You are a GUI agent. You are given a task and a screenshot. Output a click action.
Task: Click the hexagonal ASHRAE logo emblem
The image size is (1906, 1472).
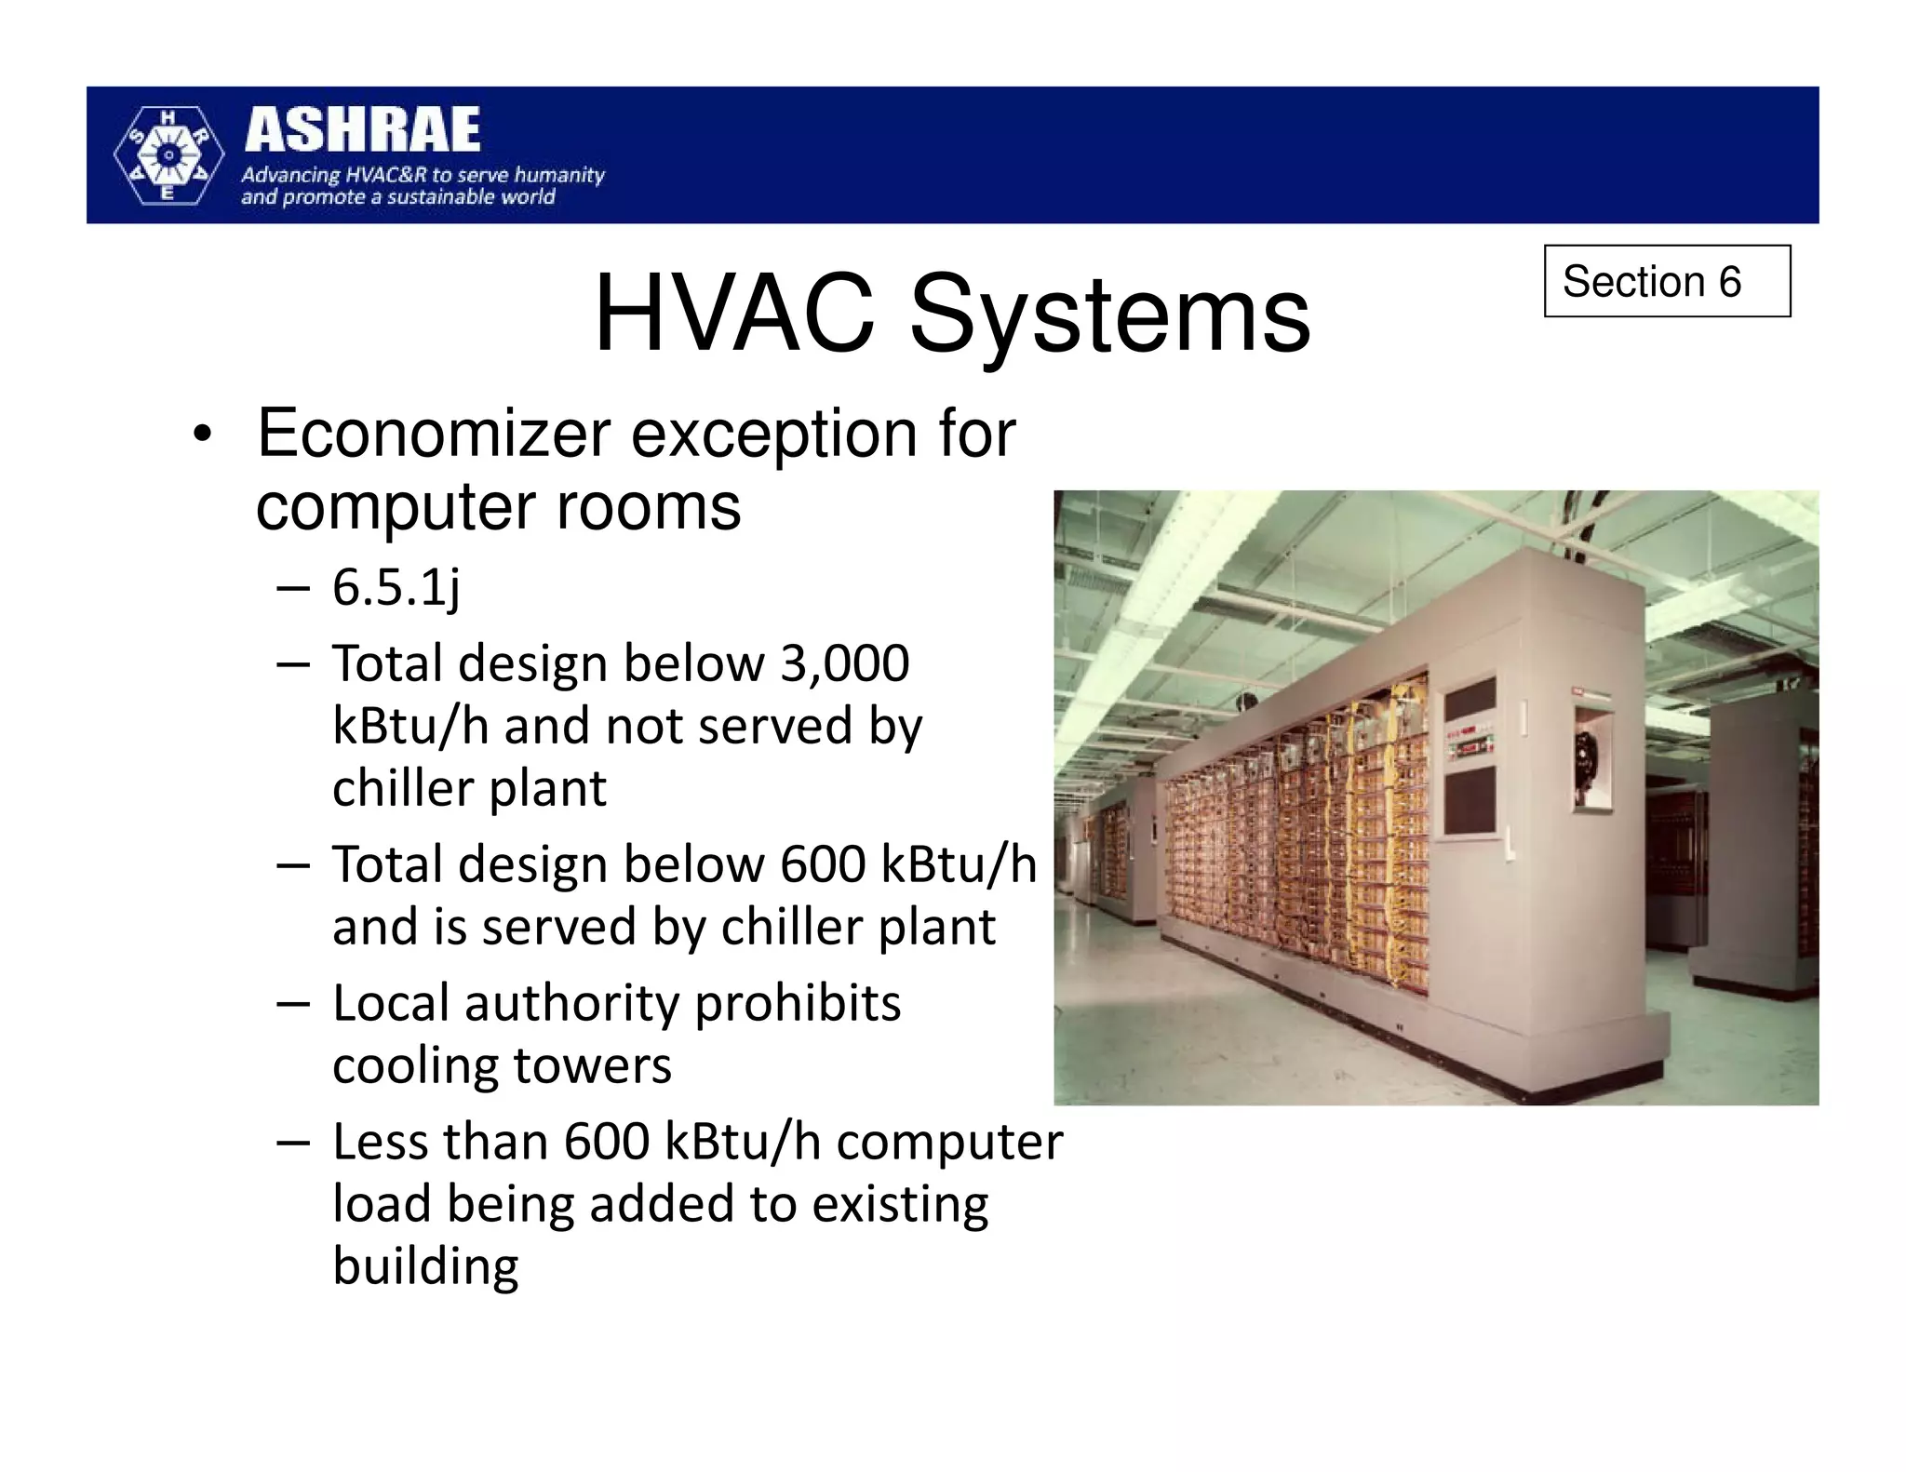pos(168,154)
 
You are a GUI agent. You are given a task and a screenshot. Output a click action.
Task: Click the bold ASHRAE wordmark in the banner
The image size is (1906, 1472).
pos(362,129)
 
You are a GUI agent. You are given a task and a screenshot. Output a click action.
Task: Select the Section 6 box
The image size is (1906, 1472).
pos(1666,281)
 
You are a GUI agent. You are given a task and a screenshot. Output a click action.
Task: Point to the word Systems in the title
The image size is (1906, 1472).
pos(1109,316)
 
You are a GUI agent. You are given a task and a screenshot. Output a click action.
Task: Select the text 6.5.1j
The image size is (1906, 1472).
pos(396,588)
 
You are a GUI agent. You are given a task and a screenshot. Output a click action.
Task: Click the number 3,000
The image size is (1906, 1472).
pos(844,663)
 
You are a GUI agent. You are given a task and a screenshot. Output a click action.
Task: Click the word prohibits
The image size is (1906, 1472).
pos(798,1004)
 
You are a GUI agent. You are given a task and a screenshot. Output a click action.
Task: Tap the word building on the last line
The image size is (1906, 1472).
pos(425,1267)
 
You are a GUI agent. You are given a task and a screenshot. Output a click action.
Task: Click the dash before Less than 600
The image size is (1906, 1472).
pos(292,1144)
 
